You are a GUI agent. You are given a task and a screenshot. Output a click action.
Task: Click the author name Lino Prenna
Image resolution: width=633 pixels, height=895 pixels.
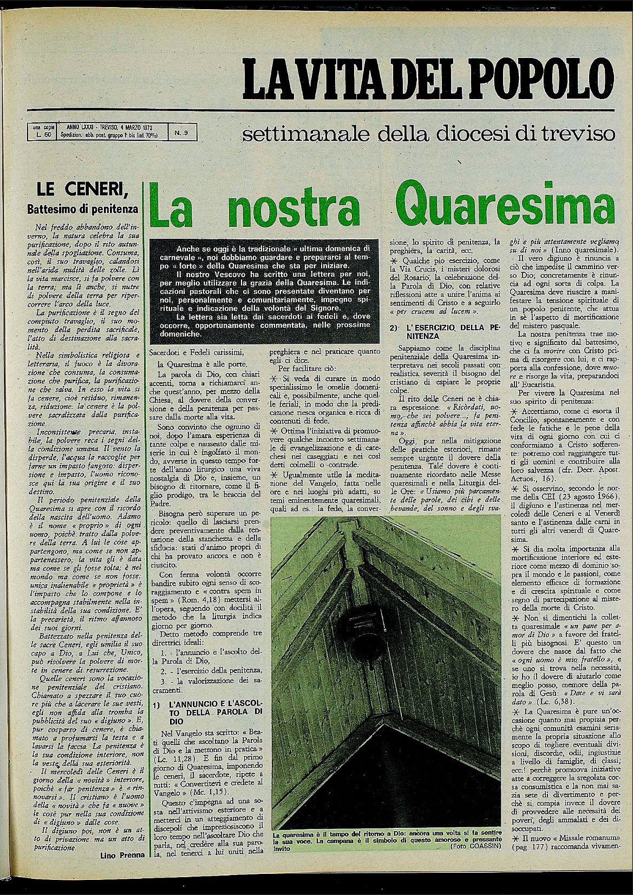coord(121,855)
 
